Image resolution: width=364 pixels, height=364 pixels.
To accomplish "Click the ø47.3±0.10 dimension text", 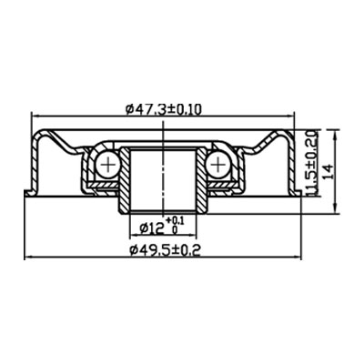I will click(x=164, y=109).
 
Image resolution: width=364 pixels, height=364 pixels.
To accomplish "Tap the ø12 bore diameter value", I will click(x=149, y=227).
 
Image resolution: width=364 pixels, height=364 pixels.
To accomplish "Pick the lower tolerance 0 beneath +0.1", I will click(x=175, y=231).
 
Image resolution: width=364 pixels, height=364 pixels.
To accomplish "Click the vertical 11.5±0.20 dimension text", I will click(x=312, y=162).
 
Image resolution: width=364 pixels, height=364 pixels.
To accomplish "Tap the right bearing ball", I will click(x=219, y=165).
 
